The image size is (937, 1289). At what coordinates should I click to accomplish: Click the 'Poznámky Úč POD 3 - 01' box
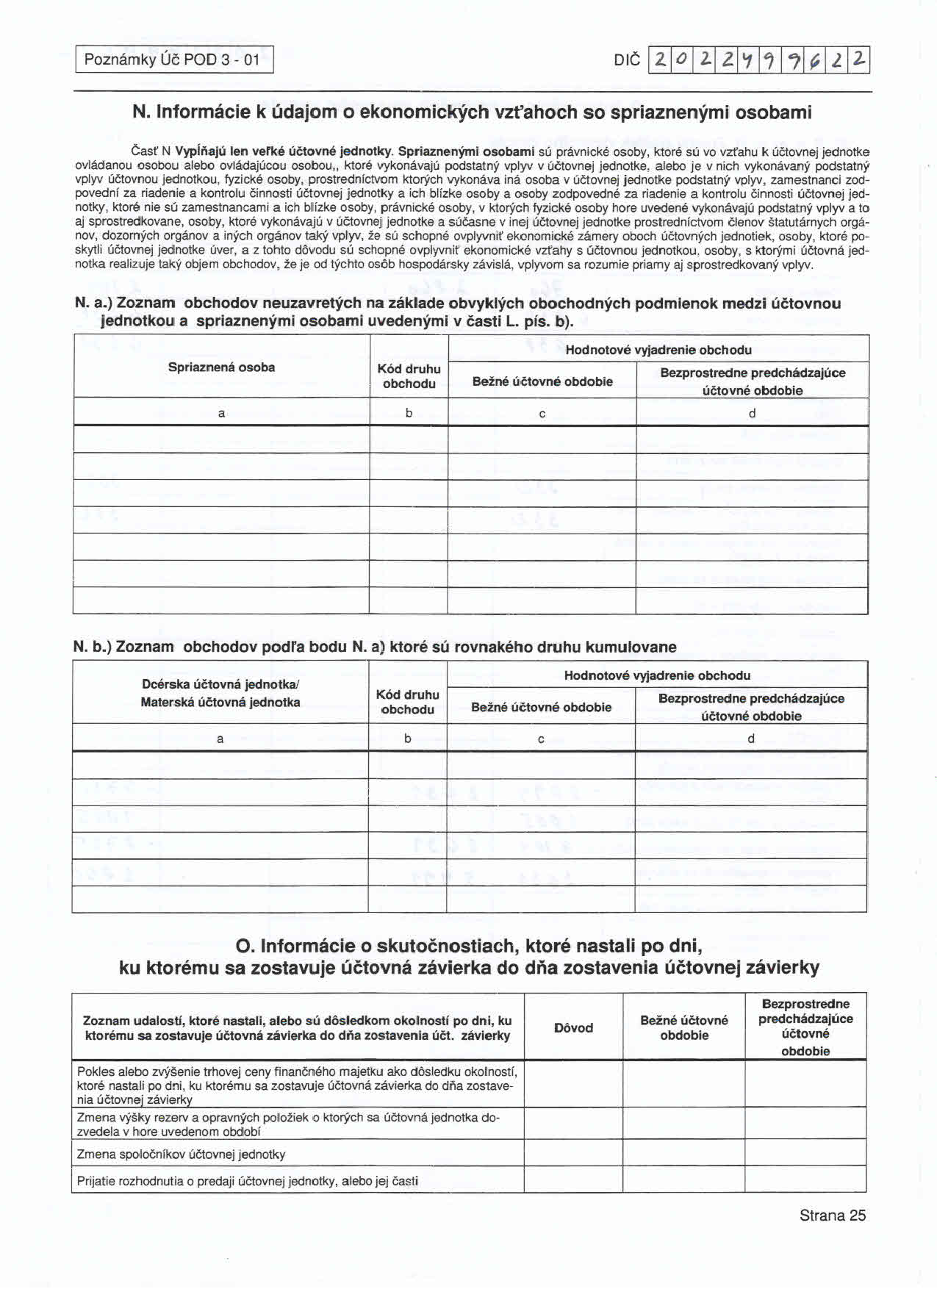coord(173,60)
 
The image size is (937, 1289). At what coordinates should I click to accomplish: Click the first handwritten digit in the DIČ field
coord(661,60)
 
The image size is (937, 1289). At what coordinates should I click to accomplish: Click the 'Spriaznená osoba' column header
coord(221,367)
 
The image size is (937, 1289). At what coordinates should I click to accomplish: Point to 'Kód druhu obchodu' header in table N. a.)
coord(409,376)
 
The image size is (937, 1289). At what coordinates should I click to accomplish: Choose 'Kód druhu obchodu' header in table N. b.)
coord(407,702)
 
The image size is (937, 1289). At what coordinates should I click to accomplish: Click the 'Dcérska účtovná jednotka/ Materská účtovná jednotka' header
coord(220,693)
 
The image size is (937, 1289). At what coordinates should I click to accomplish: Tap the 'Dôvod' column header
coord(573,1027)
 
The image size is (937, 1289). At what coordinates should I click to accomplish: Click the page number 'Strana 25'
coord(833,1215)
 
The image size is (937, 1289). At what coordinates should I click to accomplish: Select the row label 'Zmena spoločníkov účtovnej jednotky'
coord(181,1154)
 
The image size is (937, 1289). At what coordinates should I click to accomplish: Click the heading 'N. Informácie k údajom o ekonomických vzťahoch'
coord(472,112)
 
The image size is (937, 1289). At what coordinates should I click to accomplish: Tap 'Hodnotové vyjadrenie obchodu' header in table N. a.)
coord(658,350)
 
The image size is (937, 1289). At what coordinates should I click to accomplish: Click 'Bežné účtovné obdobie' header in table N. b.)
coord(541,707)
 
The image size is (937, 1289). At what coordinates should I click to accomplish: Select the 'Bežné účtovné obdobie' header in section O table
coord(683,1027)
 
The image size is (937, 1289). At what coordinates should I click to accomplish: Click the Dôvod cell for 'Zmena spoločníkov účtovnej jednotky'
coord(573,1154)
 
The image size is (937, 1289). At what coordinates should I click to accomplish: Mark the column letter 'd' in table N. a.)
coord(752,413)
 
